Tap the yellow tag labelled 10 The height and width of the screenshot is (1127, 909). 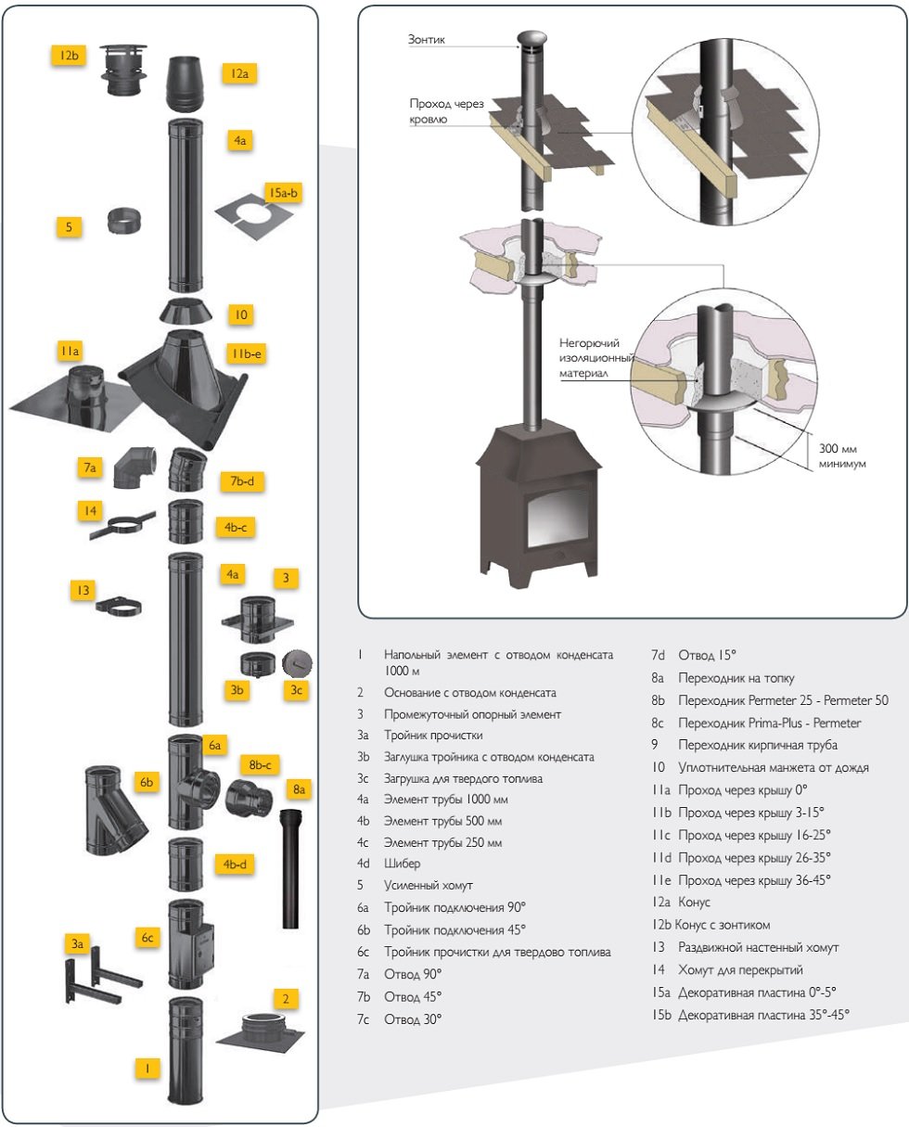point(240,315)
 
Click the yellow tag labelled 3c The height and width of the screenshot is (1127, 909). point(295,690)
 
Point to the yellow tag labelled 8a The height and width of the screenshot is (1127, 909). point(299,790)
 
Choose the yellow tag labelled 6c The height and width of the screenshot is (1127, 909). point(147,938)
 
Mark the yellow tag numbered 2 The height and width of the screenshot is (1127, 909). point(286,999)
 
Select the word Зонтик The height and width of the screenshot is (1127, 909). point(427,40)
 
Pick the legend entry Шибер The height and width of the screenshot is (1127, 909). point(401,864)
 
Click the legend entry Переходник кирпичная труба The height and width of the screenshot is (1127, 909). point(758,745)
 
